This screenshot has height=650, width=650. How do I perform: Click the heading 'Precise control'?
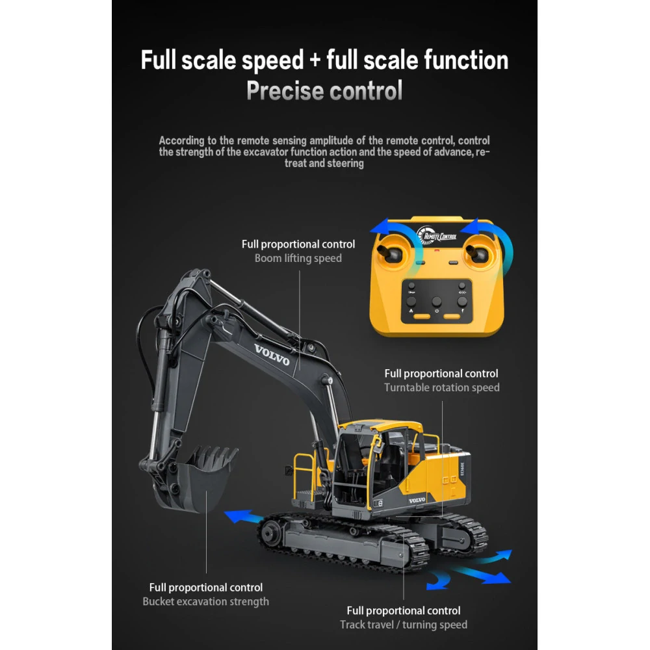point(324,91)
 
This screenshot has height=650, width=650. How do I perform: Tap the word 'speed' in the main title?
point(273,60)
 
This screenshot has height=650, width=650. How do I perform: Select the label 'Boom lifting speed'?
point(298,258)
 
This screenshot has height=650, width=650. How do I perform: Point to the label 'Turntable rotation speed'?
point(441,387)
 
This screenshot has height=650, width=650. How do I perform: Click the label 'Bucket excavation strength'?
point(205,601)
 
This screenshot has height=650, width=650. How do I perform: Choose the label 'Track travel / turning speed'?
point(404,625)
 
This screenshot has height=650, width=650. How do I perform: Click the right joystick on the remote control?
point(478,253)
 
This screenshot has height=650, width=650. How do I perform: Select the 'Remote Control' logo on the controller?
point(437,236)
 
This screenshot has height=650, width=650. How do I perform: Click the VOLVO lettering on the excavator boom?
point(272,355)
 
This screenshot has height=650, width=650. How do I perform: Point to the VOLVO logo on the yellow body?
point(417,500)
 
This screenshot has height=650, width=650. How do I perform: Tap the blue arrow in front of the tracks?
point(242,517)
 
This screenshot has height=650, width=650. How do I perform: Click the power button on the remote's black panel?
point(437,302)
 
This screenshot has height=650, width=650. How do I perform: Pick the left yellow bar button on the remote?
point(422,317)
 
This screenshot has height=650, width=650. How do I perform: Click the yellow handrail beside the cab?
point(305,474)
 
